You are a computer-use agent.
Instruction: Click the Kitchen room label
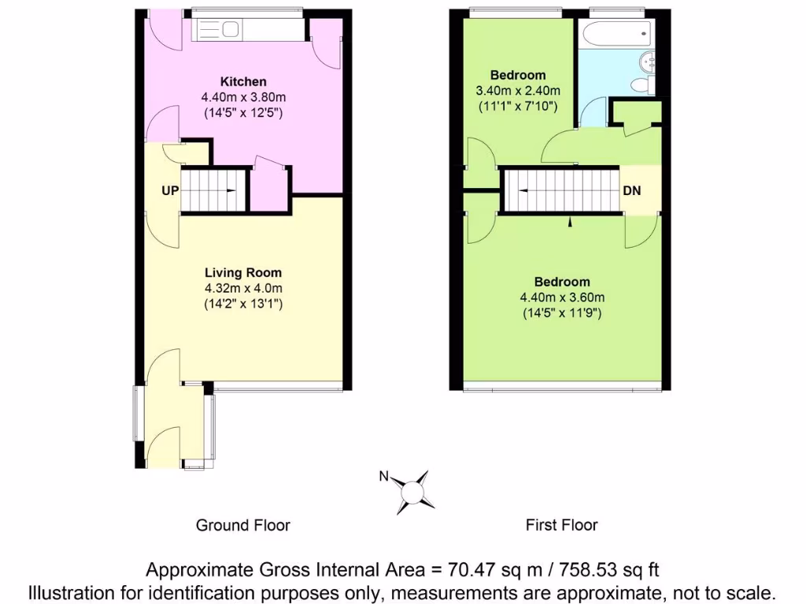coord(242,82)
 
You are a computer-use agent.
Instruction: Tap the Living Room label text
coord(242,273)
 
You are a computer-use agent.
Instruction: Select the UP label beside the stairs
coord(170,191)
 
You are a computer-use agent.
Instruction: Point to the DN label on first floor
coord(632,191)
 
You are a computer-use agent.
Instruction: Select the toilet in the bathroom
coord(642,83)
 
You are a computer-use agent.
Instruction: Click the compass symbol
coord(412,491)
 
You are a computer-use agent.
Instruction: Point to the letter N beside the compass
coord(384,476)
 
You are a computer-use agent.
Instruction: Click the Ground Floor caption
coord(242,525)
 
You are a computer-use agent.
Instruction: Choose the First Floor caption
coord(561,525)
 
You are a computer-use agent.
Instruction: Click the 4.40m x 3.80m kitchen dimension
coord(242,98)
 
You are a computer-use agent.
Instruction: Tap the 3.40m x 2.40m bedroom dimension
coord(517,90)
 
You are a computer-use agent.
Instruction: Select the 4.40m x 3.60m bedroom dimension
coord(561,297)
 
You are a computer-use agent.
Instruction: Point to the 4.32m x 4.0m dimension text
coord(242,288)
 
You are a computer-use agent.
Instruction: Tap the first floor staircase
coord(561,191)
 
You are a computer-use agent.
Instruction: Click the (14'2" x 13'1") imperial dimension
coord(242,303)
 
